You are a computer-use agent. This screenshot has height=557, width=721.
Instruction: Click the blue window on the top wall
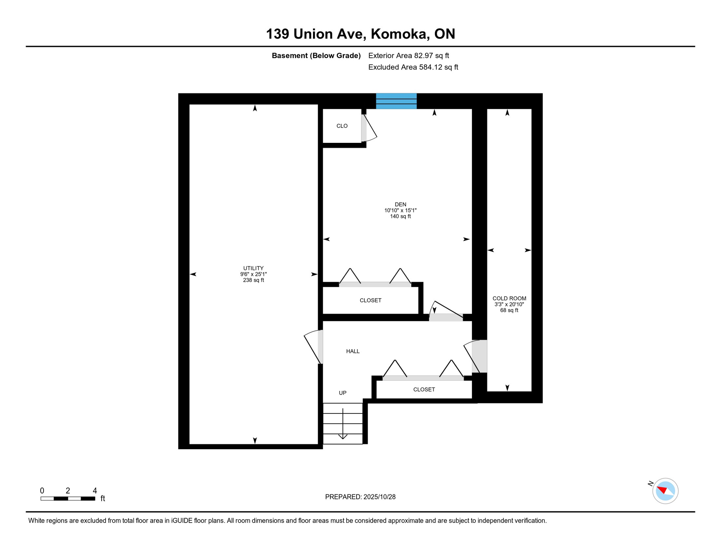point(396,101)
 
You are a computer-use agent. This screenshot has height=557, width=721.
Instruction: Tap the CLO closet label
point(342,126)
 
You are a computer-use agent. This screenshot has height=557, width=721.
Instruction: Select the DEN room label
point(400,205)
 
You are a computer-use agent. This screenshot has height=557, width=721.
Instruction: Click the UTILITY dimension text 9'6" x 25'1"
point(253,274)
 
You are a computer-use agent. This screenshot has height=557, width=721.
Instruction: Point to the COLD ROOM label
point(509,298)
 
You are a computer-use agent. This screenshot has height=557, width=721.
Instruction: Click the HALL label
point(353,351)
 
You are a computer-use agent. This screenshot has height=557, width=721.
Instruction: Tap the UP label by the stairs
point(342,393)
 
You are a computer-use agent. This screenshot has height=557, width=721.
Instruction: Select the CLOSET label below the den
point(370,300)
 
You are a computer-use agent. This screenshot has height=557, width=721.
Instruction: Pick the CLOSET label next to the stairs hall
point(424,389)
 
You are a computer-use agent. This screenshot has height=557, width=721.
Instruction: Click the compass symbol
point(665,491)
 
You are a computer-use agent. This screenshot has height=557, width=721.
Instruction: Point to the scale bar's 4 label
point(95,491)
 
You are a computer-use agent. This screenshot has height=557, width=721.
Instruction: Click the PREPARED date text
point(360,497)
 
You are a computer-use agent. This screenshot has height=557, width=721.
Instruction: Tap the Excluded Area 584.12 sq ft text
point(413,67)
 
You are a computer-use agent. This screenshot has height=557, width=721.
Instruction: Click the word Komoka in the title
point(397,34)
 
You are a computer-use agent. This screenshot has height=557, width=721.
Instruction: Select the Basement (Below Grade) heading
point(316,55)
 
